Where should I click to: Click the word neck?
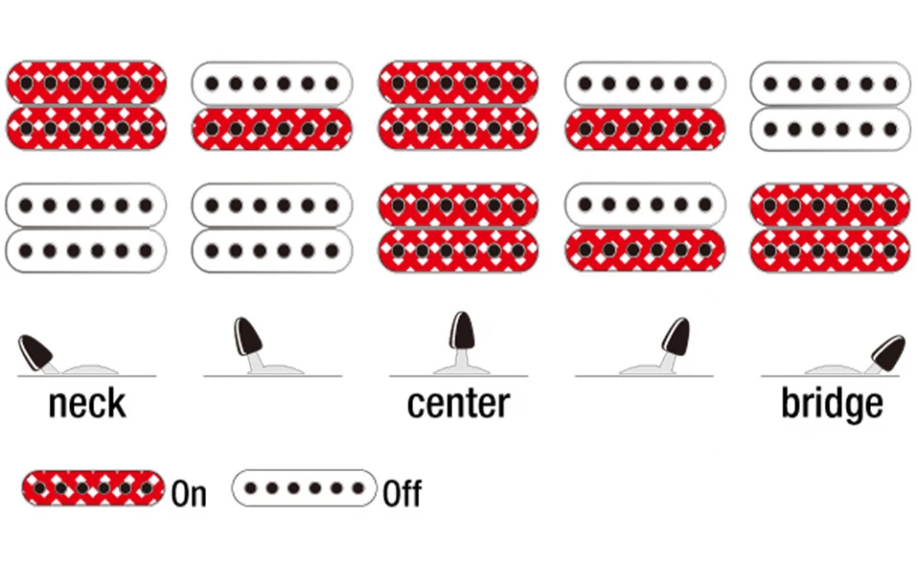pyautogui.click(x=87, y=403)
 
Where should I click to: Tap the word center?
pyautogui.click(x=459, y=403)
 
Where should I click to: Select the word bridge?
pyautogui.click(x=831, y=404)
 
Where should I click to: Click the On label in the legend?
pyautogui.click(x=189, y=493)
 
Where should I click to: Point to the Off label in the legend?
pyautogui.click(x=402, y=493)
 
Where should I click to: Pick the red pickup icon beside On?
pyautogui.click(x=93, y=487)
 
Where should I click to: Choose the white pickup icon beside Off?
pyautogui.click(x=304, y=487)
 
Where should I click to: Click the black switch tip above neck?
pyautogui.click(x=36, y=352)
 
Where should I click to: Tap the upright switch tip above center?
pyautogui.click(x=462, y=330)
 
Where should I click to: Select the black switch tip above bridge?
pyautogui.click(x=887, y=353)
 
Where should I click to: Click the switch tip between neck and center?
pyautogui.click(x=248, y=337)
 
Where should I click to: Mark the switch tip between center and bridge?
pyautogui.click(x=676, y=337)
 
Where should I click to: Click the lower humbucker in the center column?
pyautogui.click(x=459, y=228)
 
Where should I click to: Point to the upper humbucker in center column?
pyautogui.click(x=459, y=106)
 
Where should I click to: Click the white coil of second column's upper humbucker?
pyautogui.click(x=272, y=84)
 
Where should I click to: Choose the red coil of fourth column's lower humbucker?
pyautogui.click(x=645, y=251)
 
